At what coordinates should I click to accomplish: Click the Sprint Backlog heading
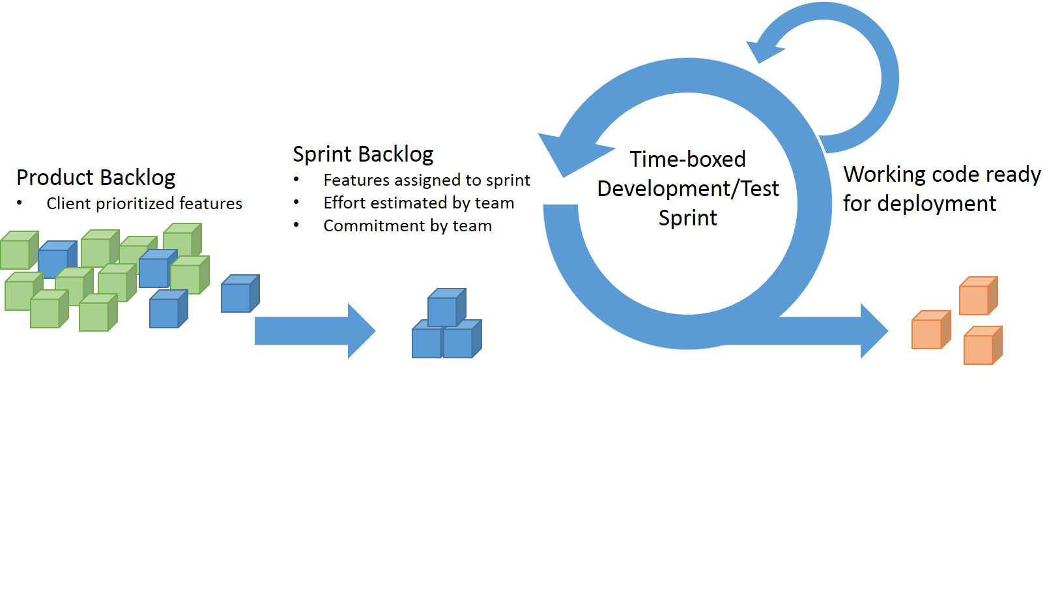tap(363, 155)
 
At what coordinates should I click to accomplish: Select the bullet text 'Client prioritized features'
tap(144, 203)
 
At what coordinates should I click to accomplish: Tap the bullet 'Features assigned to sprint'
tap(427, 180)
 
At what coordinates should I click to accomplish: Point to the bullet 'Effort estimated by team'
tap(419, 203)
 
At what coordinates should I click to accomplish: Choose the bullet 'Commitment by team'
tap(407, 225)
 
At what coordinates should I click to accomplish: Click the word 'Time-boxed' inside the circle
tap(687, 159)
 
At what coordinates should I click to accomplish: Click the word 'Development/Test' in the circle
tap(687, 189)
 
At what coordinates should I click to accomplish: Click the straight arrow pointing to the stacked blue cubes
tap(315, 331)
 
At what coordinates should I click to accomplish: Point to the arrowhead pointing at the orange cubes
tap(874, 331)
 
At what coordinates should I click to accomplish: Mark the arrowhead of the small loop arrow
tap(764, 50)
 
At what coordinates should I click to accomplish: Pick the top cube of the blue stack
tap(446, 307)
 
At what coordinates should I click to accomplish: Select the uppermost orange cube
tap(979, 296)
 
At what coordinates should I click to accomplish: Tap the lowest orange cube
tap(983, 345)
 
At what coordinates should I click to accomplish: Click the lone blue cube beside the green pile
tap(240, 294)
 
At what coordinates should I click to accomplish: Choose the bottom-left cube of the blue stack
tap(427, 339)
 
